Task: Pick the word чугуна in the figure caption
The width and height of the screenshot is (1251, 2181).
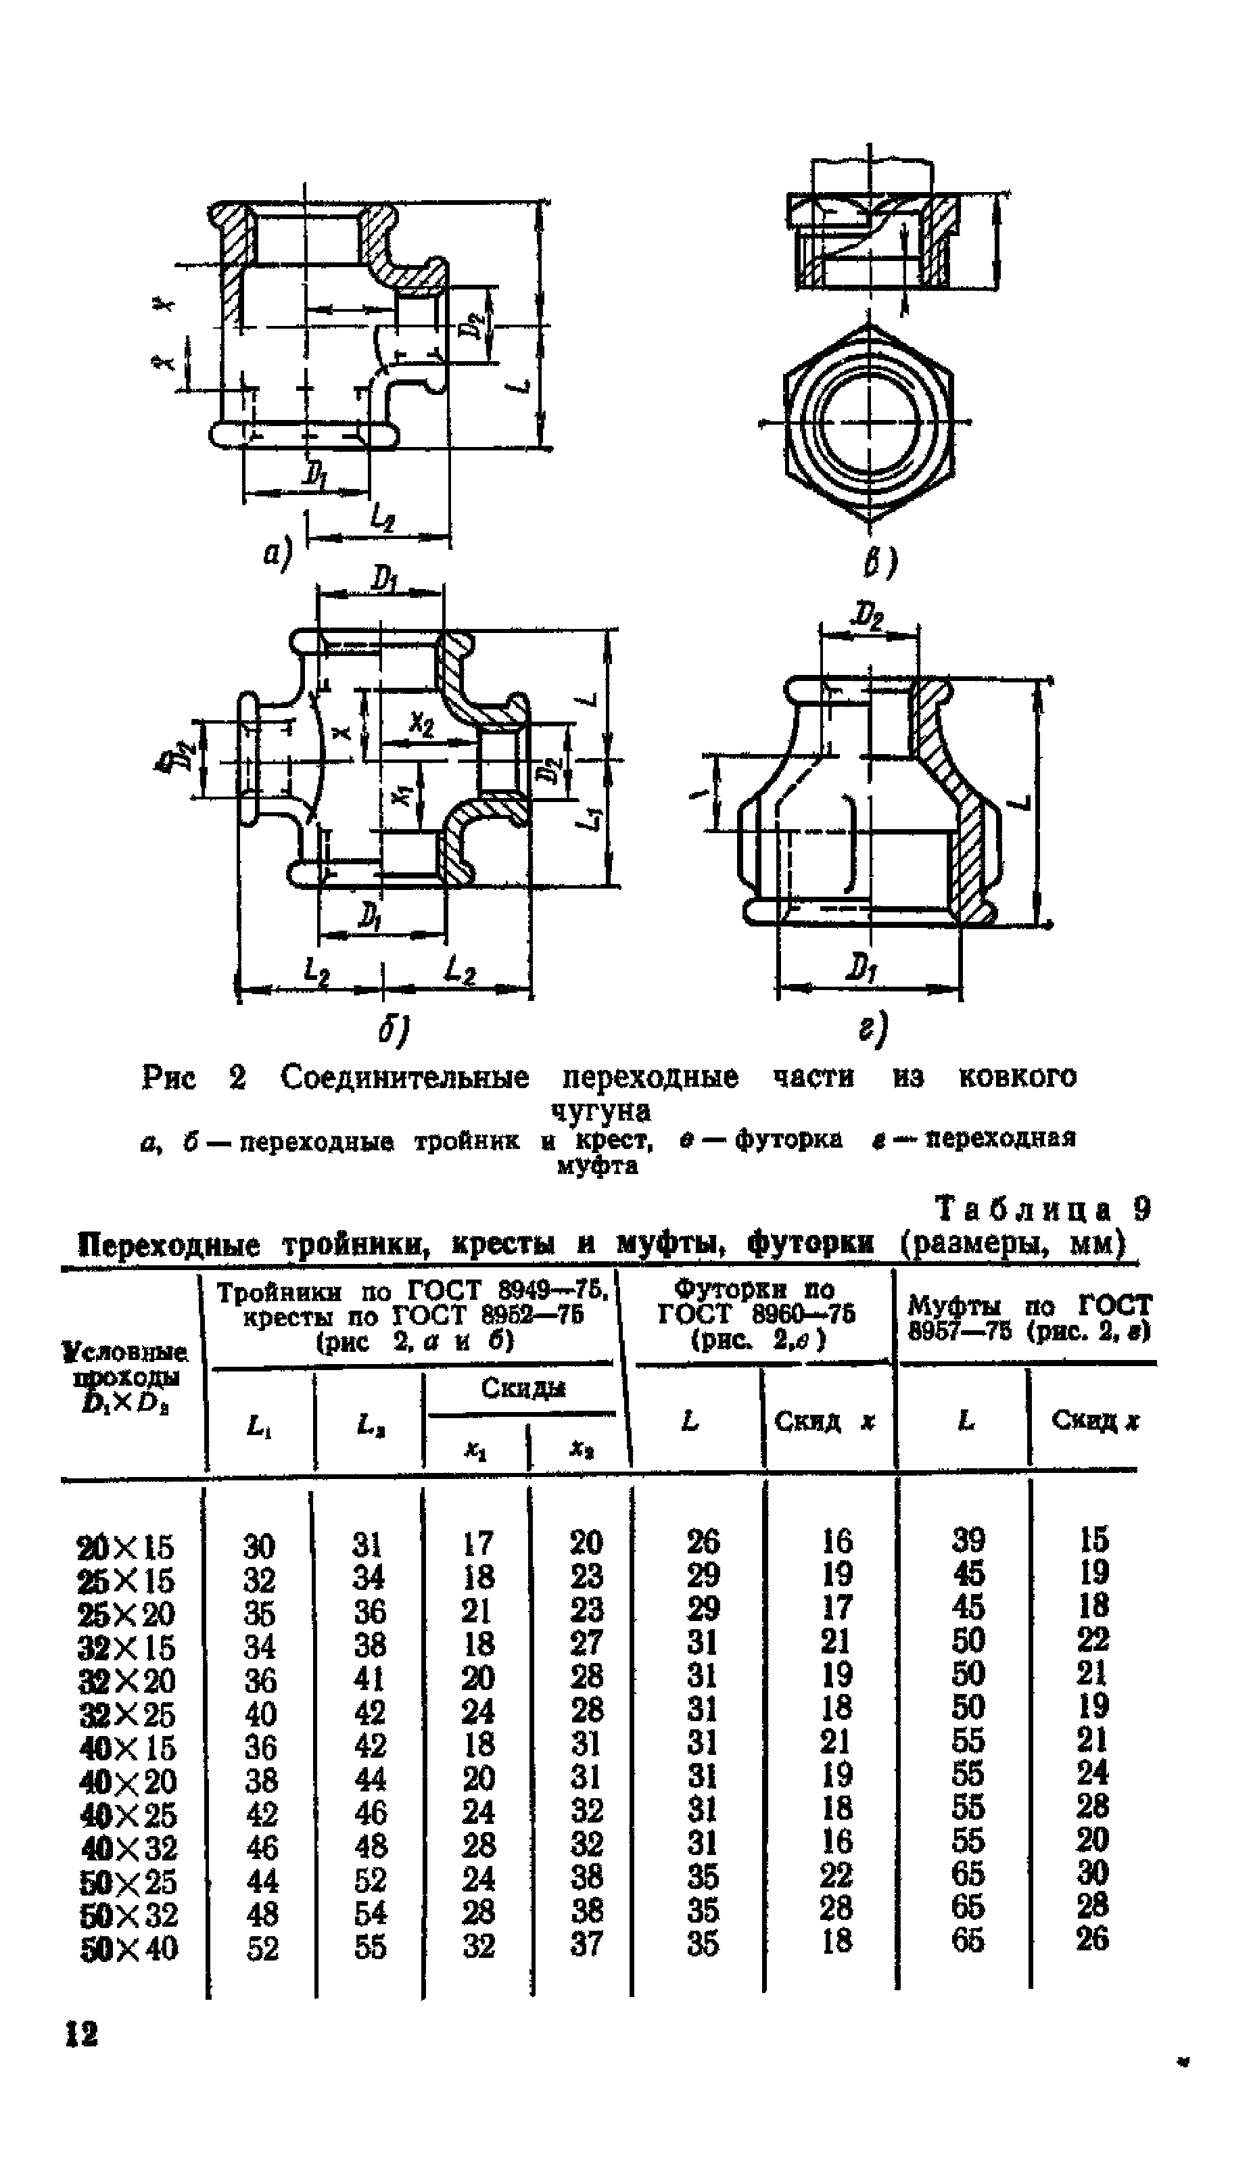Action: point(600,1112)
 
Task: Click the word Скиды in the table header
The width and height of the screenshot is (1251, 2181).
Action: point(523,1389)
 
